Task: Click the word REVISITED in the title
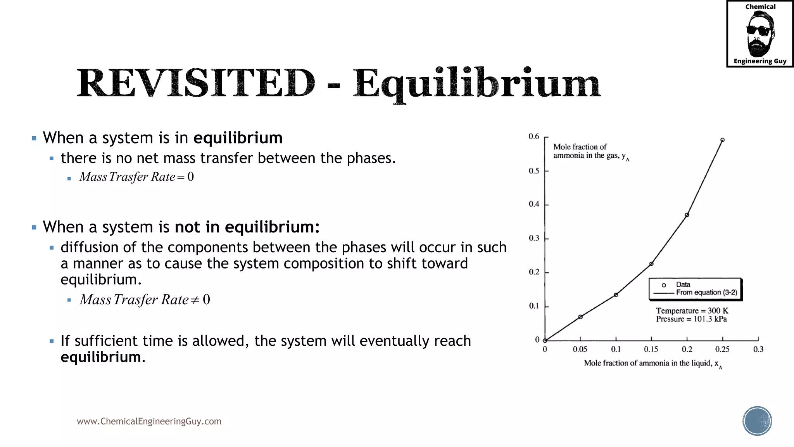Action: (x=196, y=83)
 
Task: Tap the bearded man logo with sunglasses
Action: (x=760, y=34)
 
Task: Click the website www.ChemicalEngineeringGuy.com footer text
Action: (x=149, y=421)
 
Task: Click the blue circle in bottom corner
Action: (x=757, y=421)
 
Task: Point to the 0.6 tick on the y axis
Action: (x=534, y=137)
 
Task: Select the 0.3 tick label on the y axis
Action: (x=534, y=238)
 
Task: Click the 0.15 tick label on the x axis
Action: (x=651, y=349)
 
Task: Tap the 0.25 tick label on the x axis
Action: (x=722, y=349)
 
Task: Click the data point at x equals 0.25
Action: (x=722, y=140)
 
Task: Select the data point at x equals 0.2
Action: (x=687, y=215)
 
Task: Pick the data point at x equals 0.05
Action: (x=580, y=317)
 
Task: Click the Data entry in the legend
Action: (x=683, y=285)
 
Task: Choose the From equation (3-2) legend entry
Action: (x=706, y=293)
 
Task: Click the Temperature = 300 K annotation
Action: (x=692, y=311)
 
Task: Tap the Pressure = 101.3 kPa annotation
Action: (x=691, y=319)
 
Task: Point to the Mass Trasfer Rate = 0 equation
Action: (x=136, y=177)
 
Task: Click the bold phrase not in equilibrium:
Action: (x=247, y=227)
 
